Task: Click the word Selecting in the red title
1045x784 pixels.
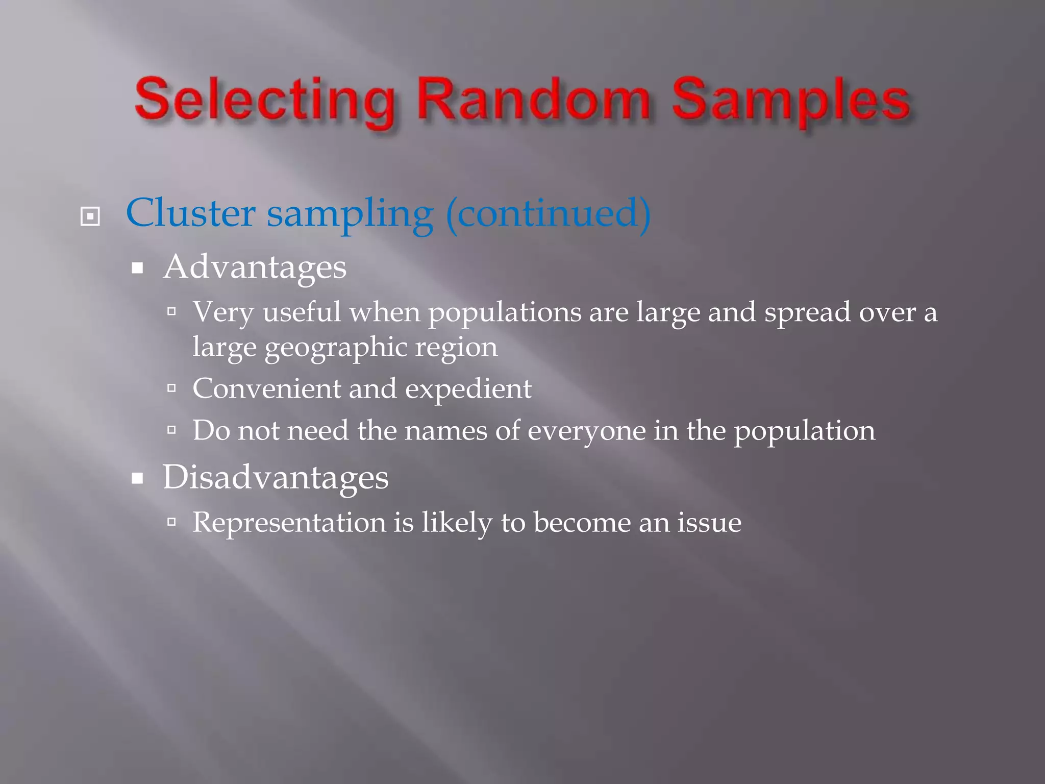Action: pyautogui.click(x=264, y=101)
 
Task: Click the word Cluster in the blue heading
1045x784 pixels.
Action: pyautogui.click(x=190, y=213)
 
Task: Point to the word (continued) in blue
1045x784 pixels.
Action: pyautogui.click(x=548, y=213)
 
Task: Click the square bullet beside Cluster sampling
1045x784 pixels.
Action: pyautogui.click(x=90, y=216)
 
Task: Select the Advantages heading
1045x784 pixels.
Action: pyautogui.click(x=255, y=267)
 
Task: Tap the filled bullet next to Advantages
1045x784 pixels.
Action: pyautogui.click(x=137, y=268)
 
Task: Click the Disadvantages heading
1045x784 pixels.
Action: pyautogui.click(x=276, y=478)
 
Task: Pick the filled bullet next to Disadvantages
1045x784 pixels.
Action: pyautogui.click(x=137, y=479)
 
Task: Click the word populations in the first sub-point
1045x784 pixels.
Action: pyautogui.click(x=504, y=312)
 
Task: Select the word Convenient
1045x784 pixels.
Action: pyautogui.click(x=266, y=388)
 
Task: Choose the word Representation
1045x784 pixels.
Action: pyautogui.click(x=289, y=523)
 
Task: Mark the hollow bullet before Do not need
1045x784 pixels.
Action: pyautogui.click(x=171, y=430)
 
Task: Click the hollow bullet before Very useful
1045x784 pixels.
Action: pyautogui.click(x=171, y=311)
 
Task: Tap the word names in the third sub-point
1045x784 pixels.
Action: pyautogui.click(x=445, y=431)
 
